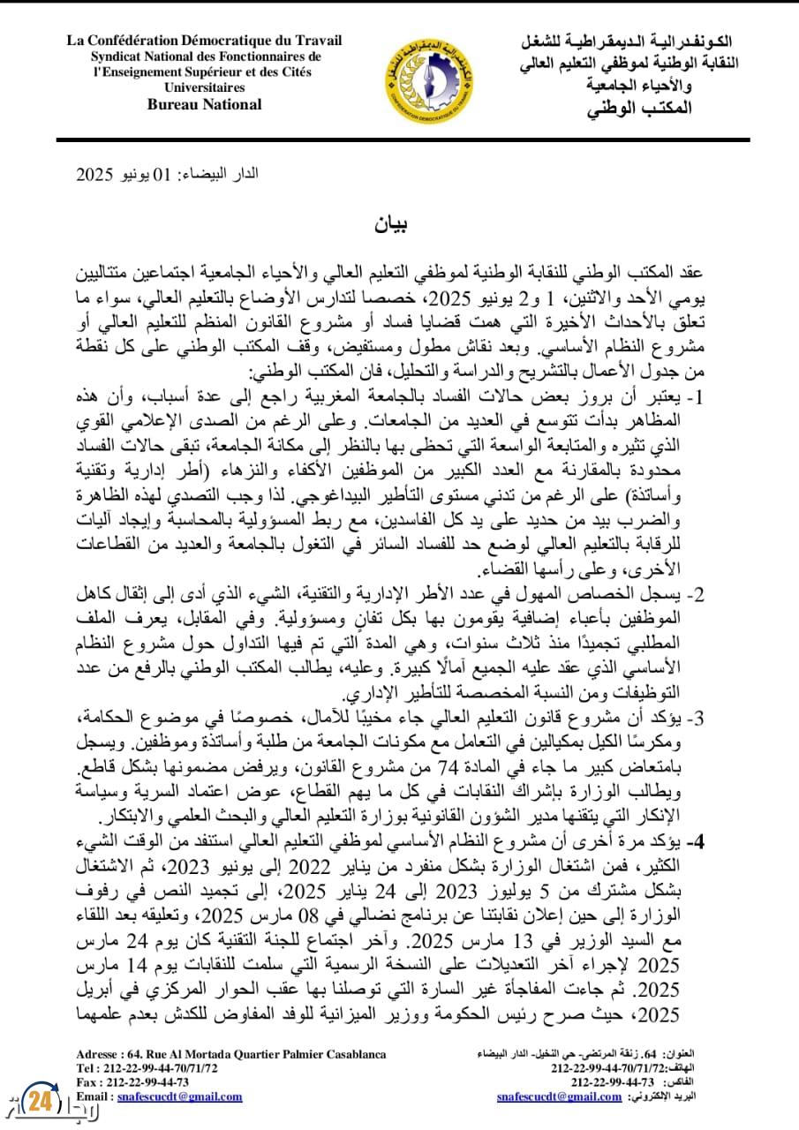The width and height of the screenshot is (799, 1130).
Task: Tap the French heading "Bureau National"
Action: click(x=204, y=104)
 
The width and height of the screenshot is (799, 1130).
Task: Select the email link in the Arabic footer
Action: click(x=560, y=1096)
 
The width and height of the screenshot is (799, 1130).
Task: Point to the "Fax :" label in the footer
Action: click(x=90, y=1082)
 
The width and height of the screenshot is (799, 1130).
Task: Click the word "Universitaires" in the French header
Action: click(x=204, y=87)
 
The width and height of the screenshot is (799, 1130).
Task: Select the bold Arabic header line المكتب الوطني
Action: click(x=638, y=108)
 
